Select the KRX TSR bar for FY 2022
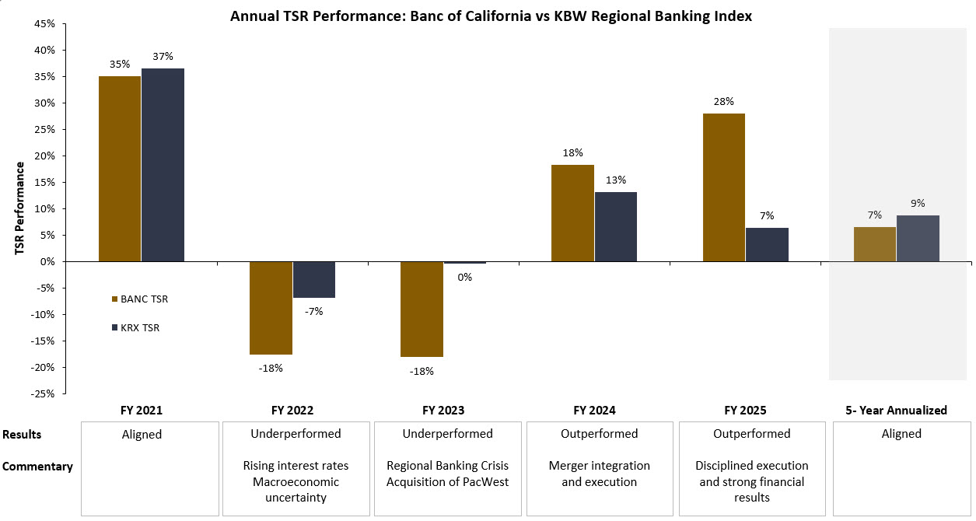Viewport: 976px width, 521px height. [x=313, y=280]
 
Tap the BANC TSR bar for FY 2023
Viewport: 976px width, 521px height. [x=422, y=309]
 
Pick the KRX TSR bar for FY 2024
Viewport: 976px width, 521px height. [x=615, y=226]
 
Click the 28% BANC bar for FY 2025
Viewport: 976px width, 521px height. [x=723, y=187]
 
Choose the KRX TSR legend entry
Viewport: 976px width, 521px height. [x=140, y=328]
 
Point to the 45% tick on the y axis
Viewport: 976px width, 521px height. [x=45, y=23]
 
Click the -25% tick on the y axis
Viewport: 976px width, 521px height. [x=44, y=393]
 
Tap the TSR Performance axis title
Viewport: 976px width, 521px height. [x=19, y=208]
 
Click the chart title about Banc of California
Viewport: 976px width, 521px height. [x=491, y=16]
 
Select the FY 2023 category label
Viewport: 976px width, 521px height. [x=443, y=411]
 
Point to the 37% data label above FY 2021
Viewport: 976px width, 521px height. [x=163, y=56]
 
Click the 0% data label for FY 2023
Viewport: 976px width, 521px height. [x=464, y=276]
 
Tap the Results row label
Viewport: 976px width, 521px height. [x=22, y=435]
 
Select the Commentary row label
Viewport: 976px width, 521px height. [x=37, y=467]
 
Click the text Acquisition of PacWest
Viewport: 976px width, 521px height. [x=447, y=481]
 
